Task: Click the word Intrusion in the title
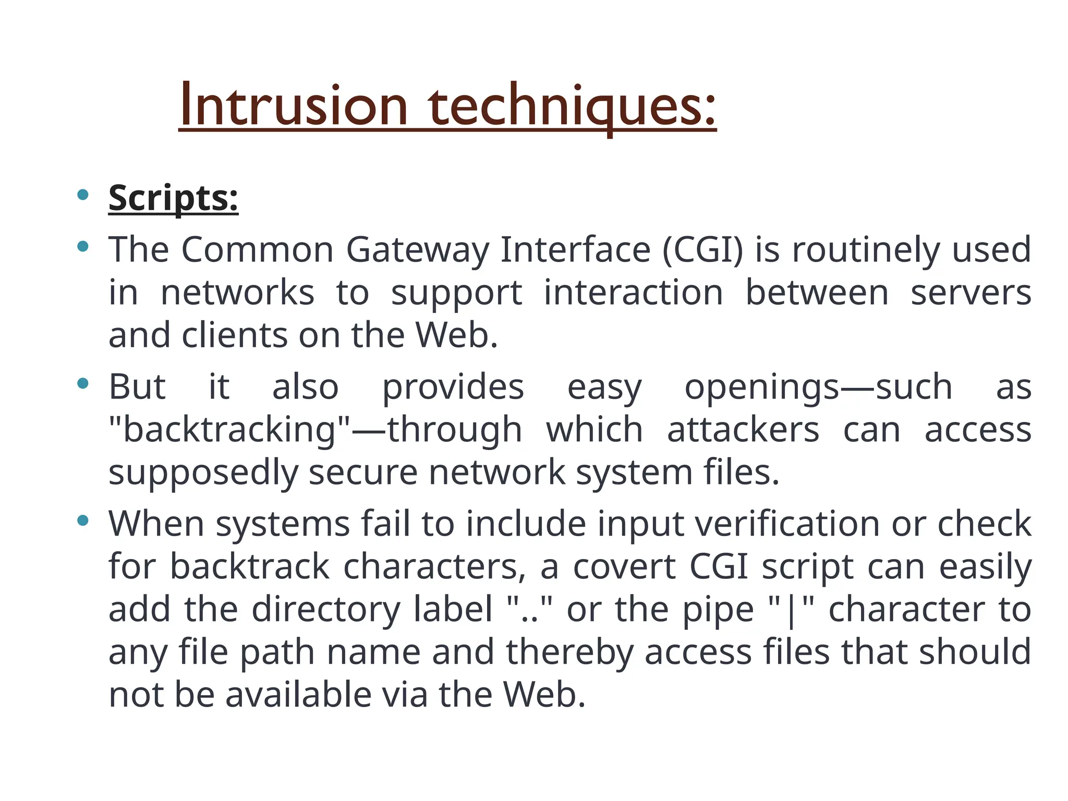click(x=294, y=106)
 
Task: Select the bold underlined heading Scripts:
click(x=173, y=198)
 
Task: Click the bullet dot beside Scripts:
click(x=82, y=195)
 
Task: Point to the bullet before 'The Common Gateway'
click(x=82, y=246)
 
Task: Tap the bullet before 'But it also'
click(x=82, y=384)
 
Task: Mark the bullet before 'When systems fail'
click(x=82, y=520)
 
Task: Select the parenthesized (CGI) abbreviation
click(x=702, y=250)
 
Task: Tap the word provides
click(x=453, y=388)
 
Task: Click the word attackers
click(x=743, y=430)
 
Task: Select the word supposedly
click(x=203, y=474)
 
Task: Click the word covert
click(x=624, y=567)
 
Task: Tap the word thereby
click(x=569, y=652)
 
